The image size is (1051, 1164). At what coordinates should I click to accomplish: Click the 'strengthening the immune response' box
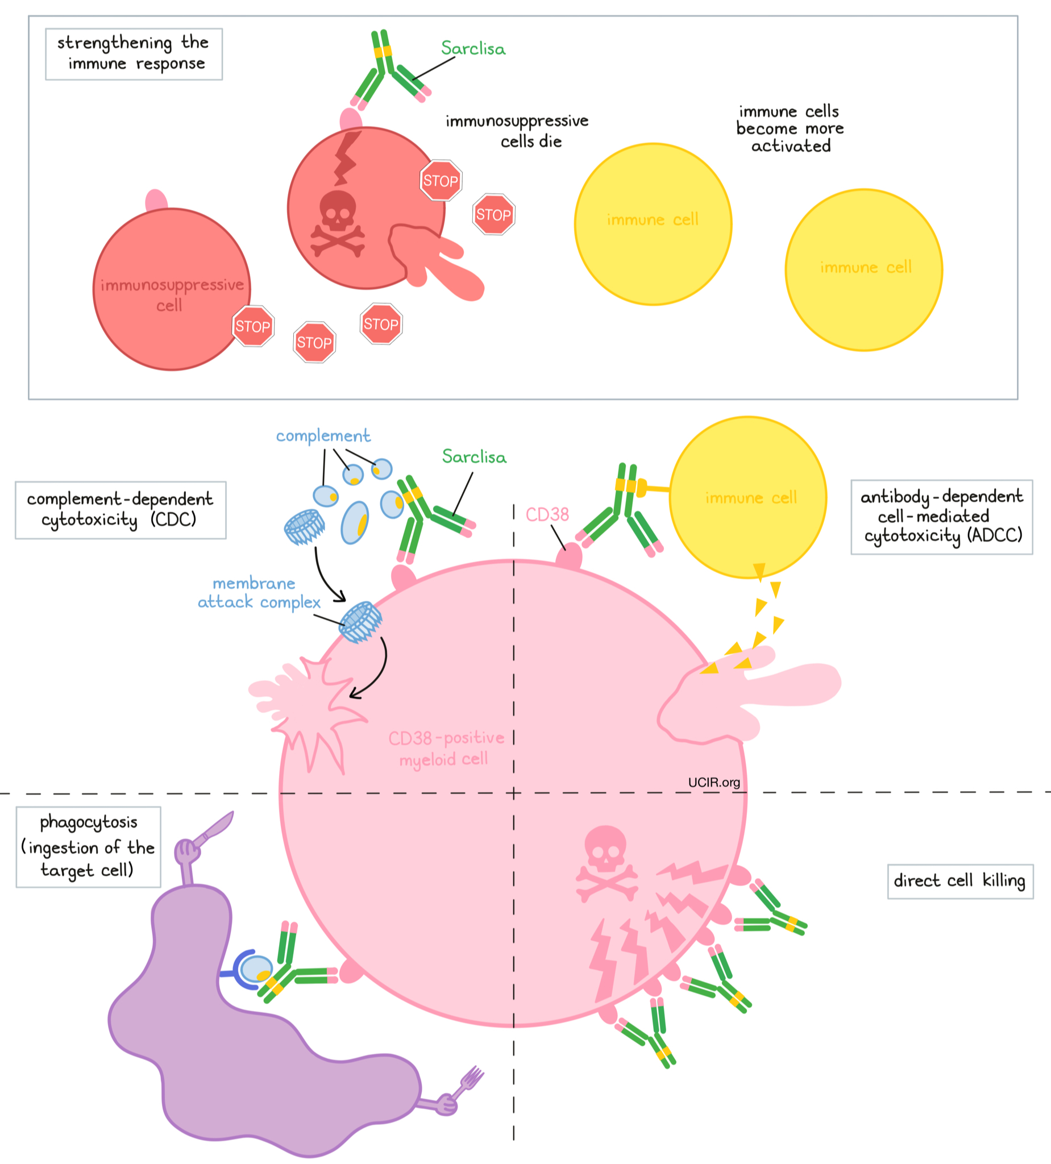pos(134,53)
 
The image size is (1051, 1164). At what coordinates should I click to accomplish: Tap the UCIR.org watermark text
pos(714,783)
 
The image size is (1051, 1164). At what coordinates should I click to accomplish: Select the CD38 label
pos(547,514)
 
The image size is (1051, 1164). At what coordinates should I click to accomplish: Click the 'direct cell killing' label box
pos(959,881)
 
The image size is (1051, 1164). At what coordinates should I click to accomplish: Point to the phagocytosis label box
pos(88,846)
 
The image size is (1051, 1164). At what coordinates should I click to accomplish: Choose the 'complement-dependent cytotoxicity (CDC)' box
pos(120,509)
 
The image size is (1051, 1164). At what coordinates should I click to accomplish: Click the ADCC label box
pos(941,516)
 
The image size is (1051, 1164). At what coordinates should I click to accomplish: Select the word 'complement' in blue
pos(323,436)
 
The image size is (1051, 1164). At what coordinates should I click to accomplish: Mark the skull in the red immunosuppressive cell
pos(338,222)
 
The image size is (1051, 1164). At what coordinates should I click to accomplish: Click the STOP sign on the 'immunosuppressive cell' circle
pos(252,326)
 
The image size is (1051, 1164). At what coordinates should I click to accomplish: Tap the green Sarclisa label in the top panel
pos(473,48)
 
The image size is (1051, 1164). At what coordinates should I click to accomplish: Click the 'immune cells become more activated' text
pos(790,128)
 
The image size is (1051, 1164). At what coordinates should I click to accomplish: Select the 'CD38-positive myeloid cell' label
pos(445,749)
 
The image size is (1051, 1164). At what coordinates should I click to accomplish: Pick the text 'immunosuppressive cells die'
pos(517,131)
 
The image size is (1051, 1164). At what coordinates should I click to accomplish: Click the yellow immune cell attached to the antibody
pos(748,497)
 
